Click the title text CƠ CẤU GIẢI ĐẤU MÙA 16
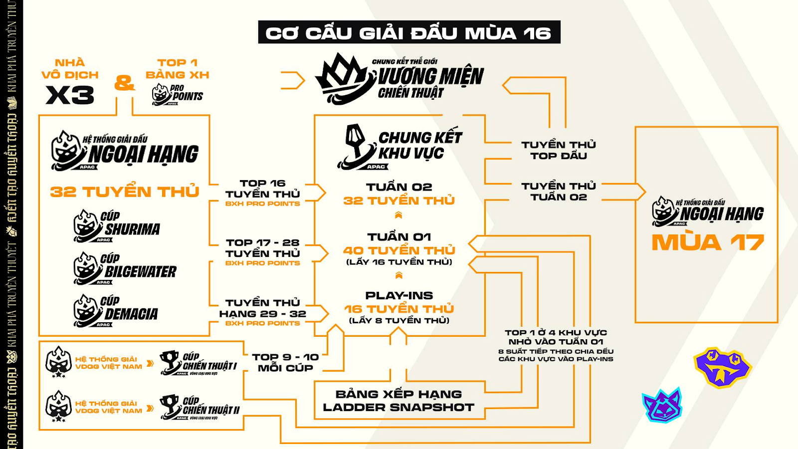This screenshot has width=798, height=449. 408,33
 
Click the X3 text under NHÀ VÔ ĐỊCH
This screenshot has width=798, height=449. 70,95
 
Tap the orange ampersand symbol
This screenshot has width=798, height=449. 124,82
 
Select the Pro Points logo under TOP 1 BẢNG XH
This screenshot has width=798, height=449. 177,94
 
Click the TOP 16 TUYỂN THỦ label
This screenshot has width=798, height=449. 262,189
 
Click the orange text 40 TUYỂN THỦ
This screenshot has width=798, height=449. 399,250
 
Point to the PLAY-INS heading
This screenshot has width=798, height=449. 399,295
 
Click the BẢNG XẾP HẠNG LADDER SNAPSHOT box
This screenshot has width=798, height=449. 399,401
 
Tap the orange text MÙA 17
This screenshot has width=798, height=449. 708,242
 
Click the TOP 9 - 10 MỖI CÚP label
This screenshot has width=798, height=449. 285,362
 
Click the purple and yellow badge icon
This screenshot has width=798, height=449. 722,367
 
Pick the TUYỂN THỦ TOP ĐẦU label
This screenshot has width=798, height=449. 559,150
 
